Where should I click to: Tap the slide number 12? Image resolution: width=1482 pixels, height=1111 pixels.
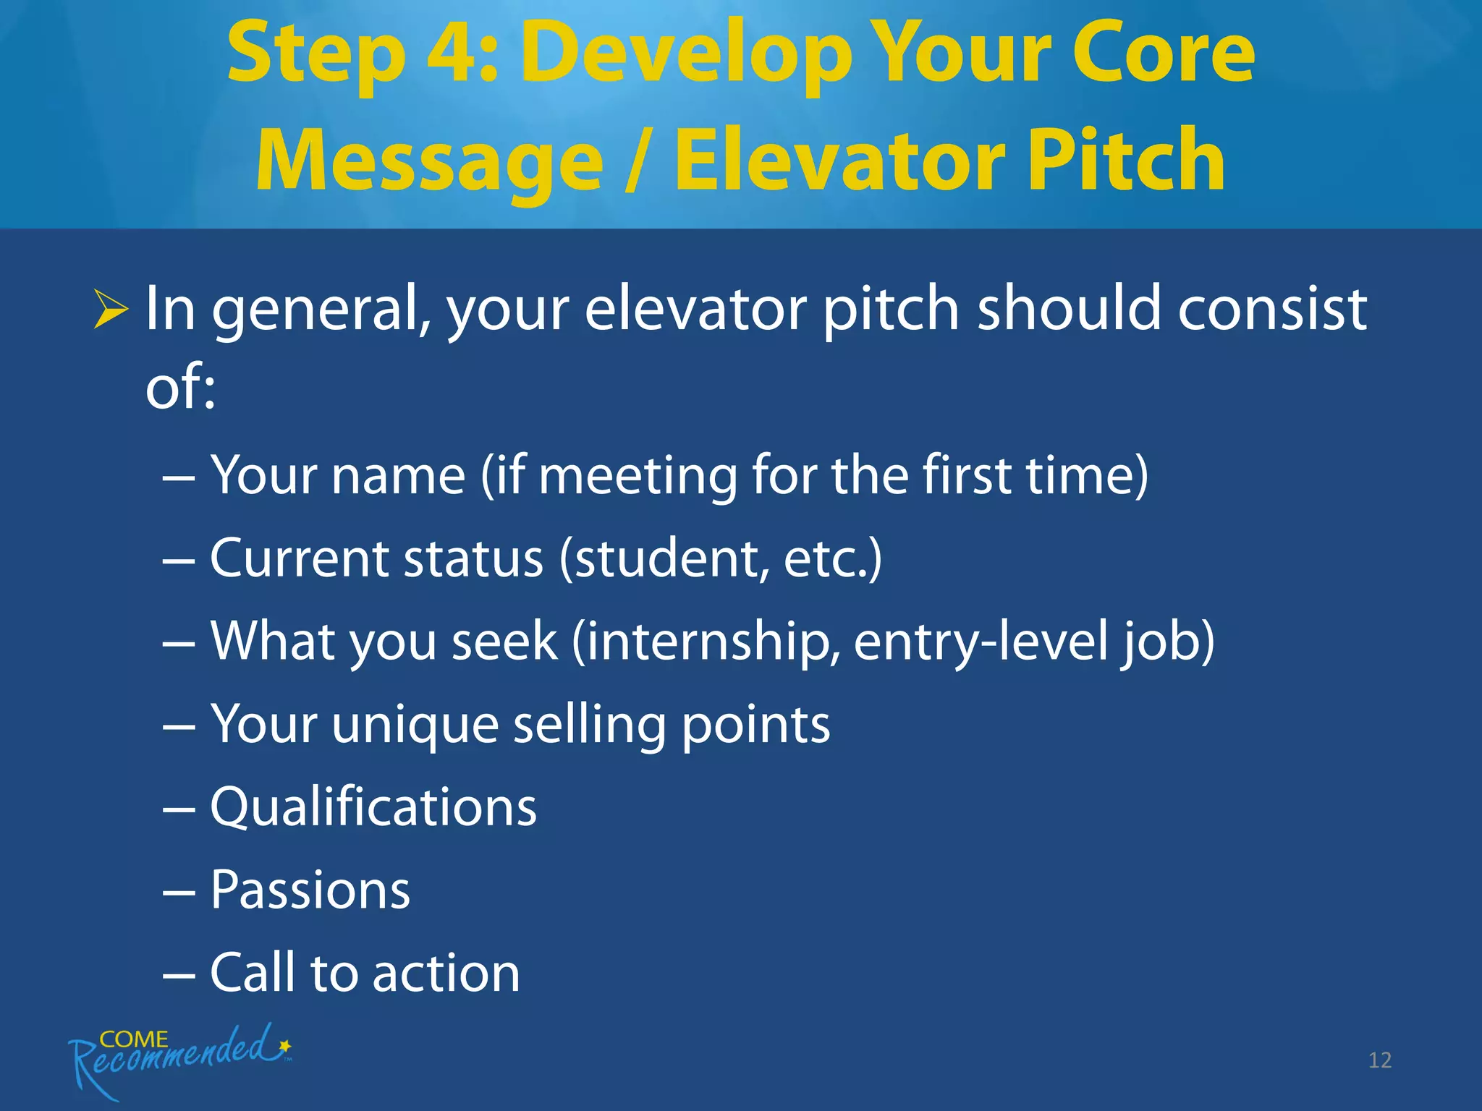1379,1060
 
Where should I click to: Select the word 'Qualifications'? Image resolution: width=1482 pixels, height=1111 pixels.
373,806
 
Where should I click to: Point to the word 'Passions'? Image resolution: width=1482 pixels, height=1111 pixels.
310,890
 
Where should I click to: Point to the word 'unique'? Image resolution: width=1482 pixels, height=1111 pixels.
415,725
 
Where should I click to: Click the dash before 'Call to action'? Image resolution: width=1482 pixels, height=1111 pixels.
179,974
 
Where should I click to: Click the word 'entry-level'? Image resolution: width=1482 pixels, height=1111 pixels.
981,642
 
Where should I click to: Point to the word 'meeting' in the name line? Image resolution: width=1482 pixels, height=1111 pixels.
637,477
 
